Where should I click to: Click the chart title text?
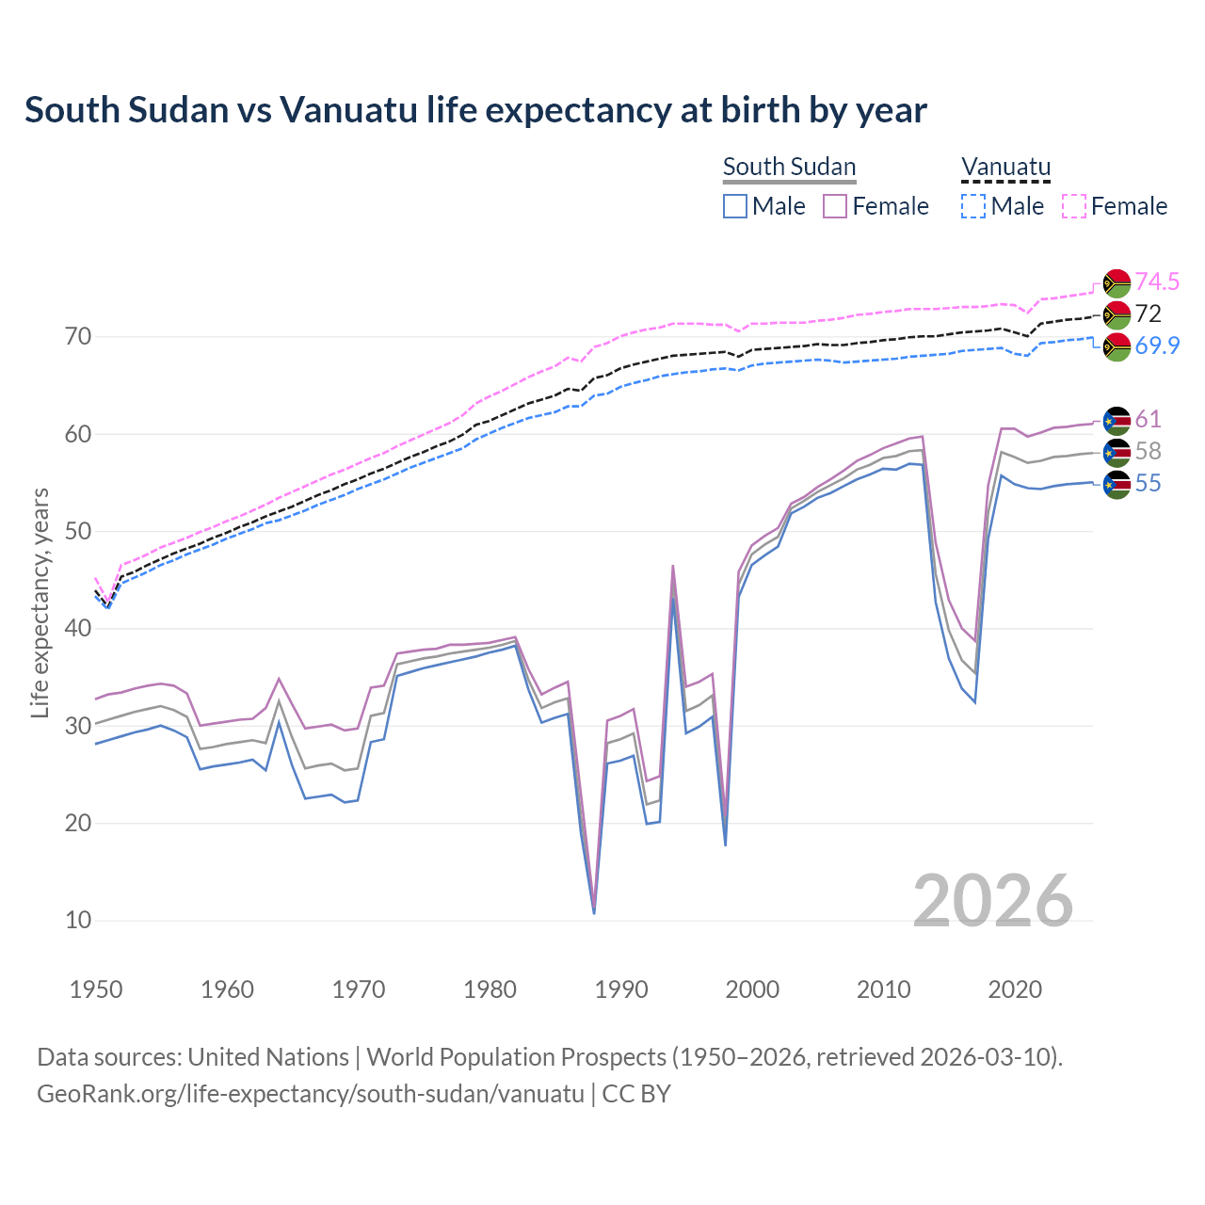click(x=475, y=110)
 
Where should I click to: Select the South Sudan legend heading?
click(x=789, y=167)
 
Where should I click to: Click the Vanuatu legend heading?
click(x=1005, y=167)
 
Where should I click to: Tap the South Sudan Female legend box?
click(x=835, y=206)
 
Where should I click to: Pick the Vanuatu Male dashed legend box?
click(x=973, y=206)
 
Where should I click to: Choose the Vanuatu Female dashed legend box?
click(x=1074, y=206)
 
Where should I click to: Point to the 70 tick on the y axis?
click(x=78, y=337)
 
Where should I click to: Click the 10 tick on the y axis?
click(x=78, y=920)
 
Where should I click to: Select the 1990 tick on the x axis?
click(x=621, y=989)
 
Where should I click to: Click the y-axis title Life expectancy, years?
click(x=40, y=602)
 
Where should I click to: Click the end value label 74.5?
click(x=1157, y=281)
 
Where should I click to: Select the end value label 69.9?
click(x=1157, y=345)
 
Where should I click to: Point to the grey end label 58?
click(x=1148, y=451)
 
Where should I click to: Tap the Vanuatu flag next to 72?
click(x=1117, y=314)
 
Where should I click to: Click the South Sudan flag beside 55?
click(x=1117, y=484)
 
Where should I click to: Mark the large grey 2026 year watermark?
click(x=993, y=901)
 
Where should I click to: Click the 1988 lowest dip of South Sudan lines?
click(x=594, y=908)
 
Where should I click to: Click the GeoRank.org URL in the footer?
click(x=311, y=1094)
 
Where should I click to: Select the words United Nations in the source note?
click(x=268, y=1057)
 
